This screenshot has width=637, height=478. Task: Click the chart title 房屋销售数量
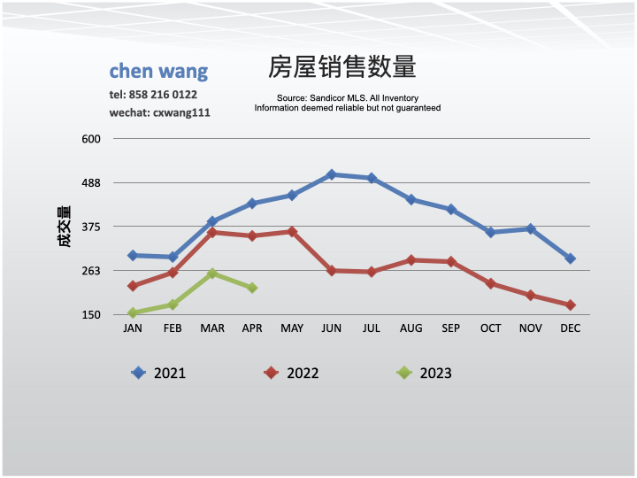click(x=342, y=68)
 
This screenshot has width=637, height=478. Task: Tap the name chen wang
click(x=158, y=72)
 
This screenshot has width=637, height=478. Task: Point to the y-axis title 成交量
click(x=65, y=227)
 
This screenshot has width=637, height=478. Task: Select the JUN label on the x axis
click(x=332, y=328)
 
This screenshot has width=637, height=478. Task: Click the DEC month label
click(x=571, y=328)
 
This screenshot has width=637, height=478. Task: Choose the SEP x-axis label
click(x=451, y=328)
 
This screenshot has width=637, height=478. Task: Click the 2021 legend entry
click(x=159, y=373)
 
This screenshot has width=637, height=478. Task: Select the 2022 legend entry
click(x=292, y=373)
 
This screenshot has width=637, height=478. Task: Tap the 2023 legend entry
click(x=425, y=373)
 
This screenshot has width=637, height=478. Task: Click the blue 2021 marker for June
click(x=332, y=174)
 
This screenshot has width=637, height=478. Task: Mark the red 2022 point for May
click(x=292, y=232)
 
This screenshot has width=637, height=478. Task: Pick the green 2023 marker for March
click(x=212, y=274)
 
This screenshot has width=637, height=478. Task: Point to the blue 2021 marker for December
click(x=571, y=258)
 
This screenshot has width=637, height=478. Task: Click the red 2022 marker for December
click(x=571, y=305)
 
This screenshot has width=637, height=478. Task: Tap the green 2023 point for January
click(x=133, y=312)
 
